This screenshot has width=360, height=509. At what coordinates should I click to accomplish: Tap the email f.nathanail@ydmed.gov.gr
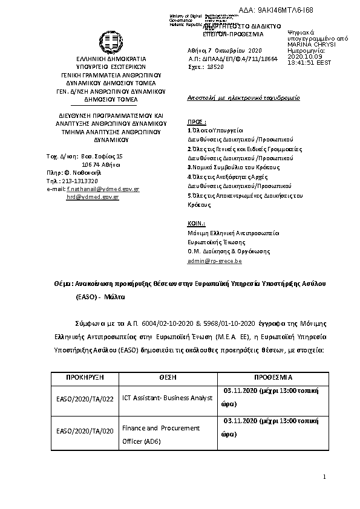pos(103,189)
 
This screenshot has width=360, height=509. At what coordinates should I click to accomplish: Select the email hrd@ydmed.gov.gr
pos(93,197)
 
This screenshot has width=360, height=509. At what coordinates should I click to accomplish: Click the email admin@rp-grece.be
pos(215,261)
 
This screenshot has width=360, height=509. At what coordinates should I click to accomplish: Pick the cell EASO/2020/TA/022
pos(85,398)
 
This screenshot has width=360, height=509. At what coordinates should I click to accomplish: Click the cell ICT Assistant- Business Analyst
pos(167,398)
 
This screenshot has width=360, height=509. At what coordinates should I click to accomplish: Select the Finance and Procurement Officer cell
pos(161,433)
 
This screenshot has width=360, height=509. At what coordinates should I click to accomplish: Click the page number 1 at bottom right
pos(324,478)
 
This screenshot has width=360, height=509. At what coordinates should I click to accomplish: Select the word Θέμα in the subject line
pos(62,283)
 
